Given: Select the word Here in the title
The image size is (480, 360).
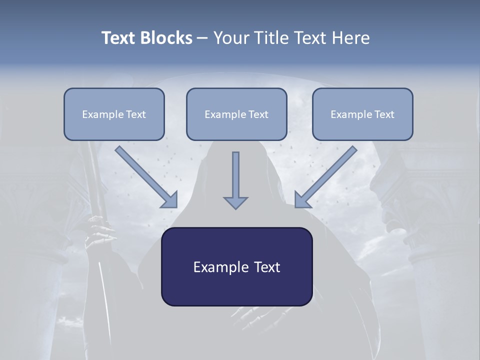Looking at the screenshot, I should point(349,38).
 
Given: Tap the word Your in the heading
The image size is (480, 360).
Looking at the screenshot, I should point(231,38).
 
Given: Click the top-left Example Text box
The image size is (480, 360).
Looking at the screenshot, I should point(114,114).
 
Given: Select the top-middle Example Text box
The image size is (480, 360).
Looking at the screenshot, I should point(236,114).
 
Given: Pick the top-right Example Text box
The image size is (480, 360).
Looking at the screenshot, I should point(362,114).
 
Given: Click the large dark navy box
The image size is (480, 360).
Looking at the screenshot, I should point(236,266).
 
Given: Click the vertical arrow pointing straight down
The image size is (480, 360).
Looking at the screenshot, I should point(235,177).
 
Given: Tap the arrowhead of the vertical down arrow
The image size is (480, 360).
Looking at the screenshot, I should point(235,202).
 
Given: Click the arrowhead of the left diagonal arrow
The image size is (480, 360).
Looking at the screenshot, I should point(170,200).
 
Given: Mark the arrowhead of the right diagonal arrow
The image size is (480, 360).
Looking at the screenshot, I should point(302,200).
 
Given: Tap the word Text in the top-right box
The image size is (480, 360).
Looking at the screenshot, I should point(384,114).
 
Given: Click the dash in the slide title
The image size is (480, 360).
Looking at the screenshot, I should point(202,38).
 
